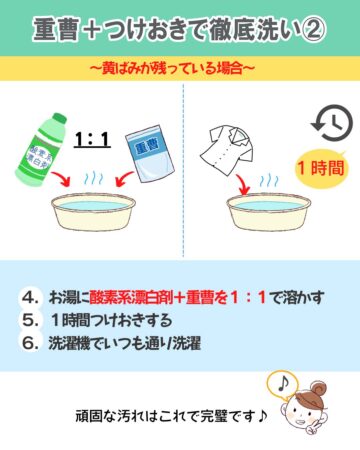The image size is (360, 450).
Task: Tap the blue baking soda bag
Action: point(150,154)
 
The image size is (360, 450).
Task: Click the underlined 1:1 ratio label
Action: point(92,139)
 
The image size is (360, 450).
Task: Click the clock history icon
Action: point(332,123)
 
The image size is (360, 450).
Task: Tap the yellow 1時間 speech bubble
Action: point(321,168)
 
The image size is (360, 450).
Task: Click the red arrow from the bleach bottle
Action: point(63,180)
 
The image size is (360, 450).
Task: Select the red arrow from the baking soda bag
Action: point(124,180)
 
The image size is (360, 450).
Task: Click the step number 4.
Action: point(31,297)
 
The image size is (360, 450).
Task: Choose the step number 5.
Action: point(31,320)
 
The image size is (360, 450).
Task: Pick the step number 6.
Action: point(31,343)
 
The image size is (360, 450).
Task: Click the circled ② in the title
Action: point(314,29)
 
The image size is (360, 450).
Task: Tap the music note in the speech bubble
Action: point(283,384)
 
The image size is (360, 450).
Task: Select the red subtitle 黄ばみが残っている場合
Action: point(172,69)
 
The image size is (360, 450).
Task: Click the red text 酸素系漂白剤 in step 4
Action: point(131,297)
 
